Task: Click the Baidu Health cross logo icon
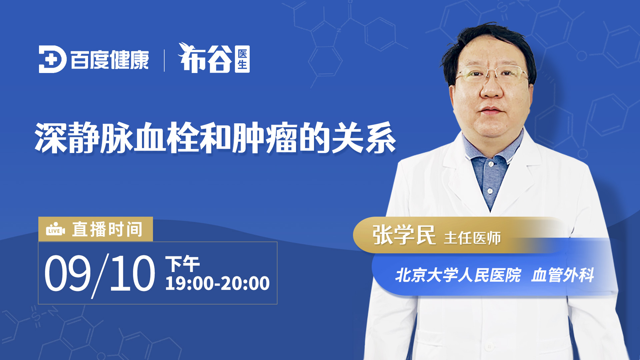52,59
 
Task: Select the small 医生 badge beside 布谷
242,59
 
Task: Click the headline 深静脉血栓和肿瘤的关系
215,138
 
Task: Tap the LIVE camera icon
55,229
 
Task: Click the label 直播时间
107,229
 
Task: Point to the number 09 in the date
68,273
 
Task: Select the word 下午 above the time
183,264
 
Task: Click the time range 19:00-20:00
217,284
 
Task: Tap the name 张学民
404,235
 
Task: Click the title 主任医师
472,238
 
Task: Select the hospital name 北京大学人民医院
458,275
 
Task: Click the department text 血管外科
563,275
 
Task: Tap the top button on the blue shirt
491,164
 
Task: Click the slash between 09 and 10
100,276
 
